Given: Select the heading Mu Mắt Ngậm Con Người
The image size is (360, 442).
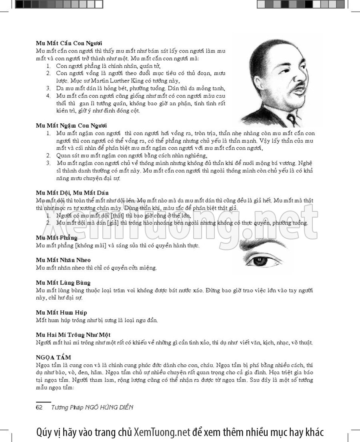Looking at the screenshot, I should (71, 126).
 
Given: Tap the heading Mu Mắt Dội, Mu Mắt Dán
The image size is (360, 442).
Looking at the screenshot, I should (72, 193).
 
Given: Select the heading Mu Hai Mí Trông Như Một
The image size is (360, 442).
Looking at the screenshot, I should (73, 335).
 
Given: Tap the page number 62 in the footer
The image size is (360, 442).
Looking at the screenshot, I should (39, 408).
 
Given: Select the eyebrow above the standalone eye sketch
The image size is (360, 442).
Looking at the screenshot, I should (264, 245).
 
